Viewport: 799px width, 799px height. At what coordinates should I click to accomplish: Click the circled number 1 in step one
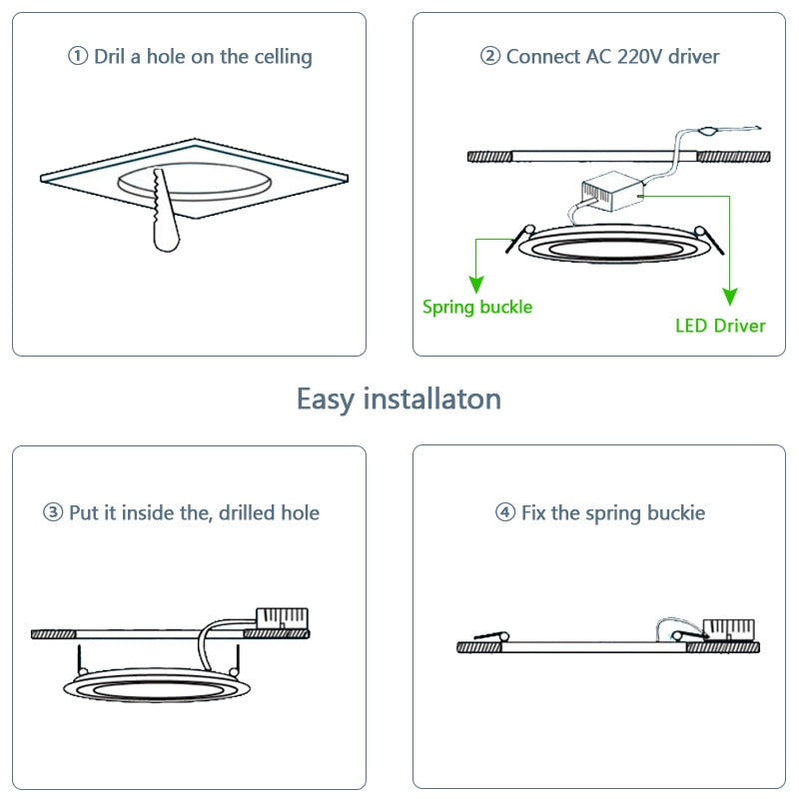point(78,57)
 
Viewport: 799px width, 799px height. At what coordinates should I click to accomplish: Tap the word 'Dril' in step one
point(112,56)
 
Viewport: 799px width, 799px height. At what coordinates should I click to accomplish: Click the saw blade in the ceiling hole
point(165,215)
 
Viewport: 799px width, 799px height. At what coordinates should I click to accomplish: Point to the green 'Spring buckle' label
point(477,307)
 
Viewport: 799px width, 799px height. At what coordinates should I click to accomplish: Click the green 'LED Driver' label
point(720,326)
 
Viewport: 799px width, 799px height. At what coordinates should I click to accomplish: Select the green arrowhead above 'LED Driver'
point(730,297)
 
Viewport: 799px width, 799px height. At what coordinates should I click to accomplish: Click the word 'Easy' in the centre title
point(326,399)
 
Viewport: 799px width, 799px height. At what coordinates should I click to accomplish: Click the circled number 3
point(53,513)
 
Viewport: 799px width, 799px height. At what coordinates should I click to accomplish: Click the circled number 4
point(505,513)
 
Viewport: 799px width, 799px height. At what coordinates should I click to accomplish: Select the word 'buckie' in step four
point(671,513)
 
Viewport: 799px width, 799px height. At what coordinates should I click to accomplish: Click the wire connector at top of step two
point(708,131)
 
